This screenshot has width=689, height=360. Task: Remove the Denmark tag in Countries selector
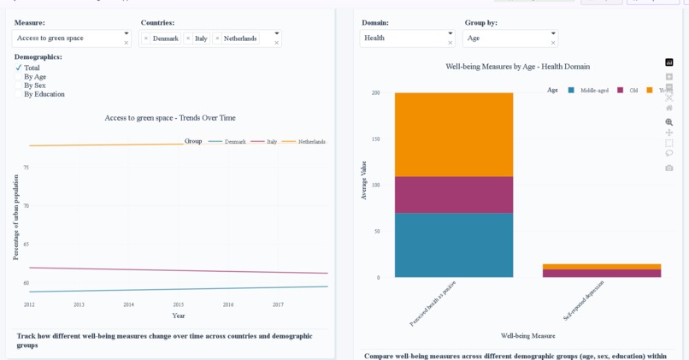(146, 38)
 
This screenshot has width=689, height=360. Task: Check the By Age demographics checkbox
(19, 77)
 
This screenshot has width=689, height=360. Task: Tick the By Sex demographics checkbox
(19, 86)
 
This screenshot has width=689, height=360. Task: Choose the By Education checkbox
(19, 94)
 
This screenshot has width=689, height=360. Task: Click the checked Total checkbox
(19, 68)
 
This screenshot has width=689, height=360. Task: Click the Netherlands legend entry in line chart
(304, 141)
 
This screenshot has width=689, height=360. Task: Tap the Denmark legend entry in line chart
(227, 141)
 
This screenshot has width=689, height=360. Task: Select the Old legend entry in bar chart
(628, 90)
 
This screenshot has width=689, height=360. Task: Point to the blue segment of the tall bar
(454, 245)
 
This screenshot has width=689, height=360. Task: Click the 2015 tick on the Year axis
(178, 304)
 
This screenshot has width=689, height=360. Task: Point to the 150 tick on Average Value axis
(374, 139)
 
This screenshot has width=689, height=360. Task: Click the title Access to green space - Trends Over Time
(170, 118)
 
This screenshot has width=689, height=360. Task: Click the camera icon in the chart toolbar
(669, 168)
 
